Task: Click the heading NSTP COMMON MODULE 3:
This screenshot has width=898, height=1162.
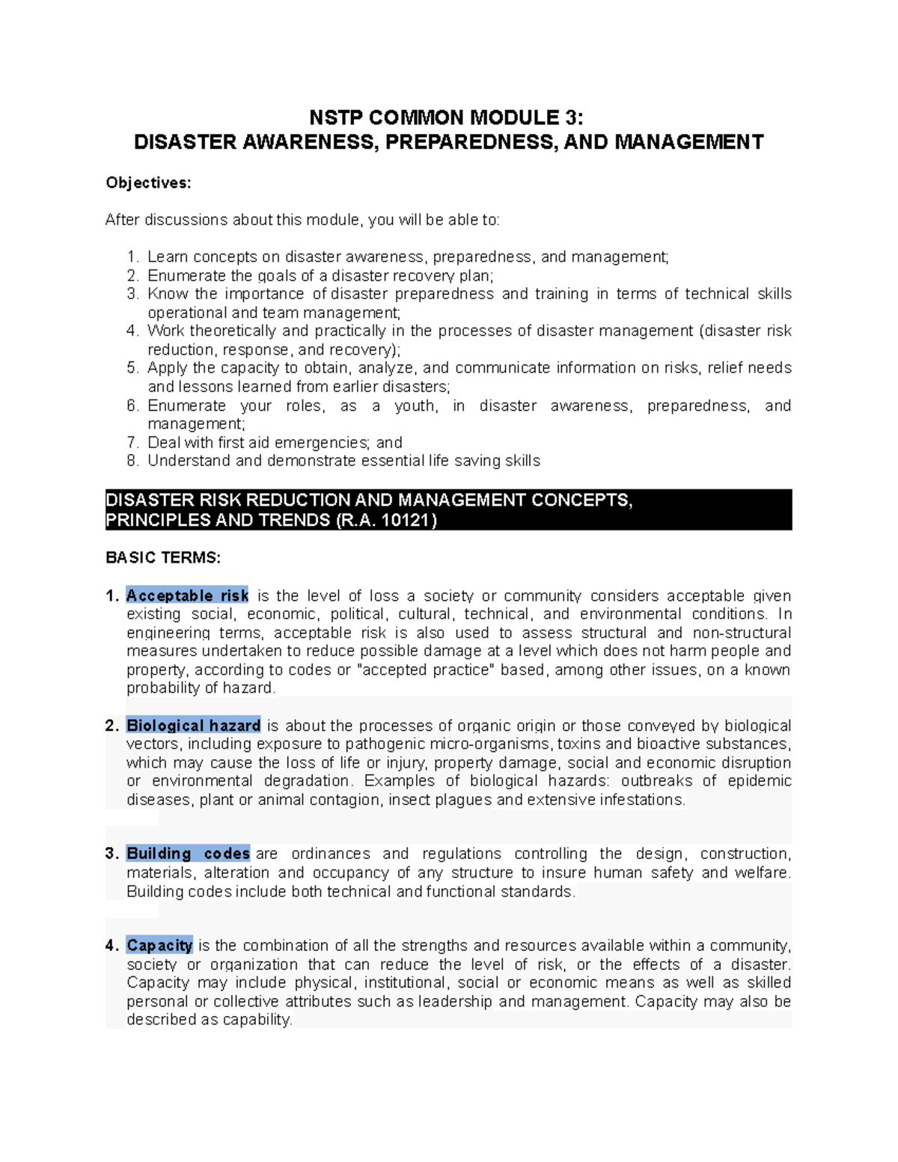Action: (448, 117)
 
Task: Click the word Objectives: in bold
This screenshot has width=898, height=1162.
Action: (148, 183)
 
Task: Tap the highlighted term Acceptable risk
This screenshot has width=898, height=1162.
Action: (187, 596)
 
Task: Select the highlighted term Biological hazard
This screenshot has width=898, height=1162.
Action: (193, 725)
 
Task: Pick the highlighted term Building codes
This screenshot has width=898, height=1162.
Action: (188, 854)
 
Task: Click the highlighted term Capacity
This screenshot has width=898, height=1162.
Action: (159, 946)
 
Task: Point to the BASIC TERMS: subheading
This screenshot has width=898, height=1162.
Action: (163, 557)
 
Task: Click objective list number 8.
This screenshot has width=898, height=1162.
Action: (132, 461)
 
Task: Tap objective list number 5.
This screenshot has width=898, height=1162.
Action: (132, 368)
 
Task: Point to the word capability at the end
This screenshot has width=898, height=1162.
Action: (257, 1020)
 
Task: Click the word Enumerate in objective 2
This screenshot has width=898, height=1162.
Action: (178, 275)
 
